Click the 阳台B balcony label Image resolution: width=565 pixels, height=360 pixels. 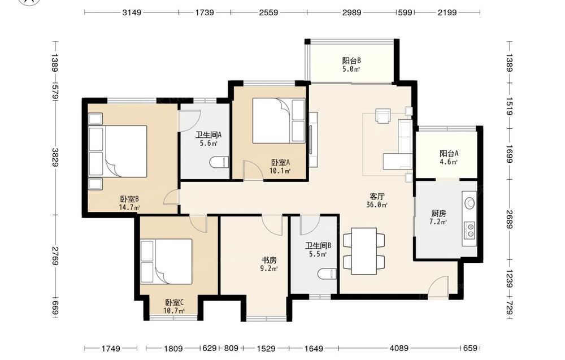click(351, 60)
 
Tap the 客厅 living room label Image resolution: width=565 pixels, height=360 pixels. click(377, 197)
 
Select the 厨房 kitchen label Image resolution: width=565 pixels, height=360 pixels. click(438, 213)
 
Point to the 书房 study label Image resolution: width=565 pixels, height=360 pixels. click(269, 260)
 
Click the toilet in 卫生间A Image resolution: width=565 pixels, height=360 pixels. click(219, 162)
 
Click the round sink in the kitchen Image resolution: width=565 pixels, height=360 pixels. click(470, 203)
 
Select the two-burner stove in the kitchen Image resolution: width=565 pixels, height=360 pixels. click(470, 230)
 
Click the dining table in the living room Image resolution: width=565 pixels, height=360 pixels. click(364, 251)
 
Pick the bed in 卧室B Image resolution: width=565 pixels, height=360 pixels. click(118, 151)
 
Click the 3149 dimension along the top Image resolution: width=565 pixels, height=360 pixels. click(132, 12)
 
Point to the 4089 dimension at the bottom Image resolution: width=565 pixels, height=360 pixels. click(399, 348)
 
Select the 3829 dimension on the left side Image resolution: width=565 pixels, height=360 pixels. click(55, 158)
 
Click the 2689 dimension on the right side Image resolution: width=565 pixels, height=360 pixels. click(509, 219)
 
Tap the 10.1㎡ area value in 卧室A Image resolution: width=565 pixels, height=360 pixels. click(280, 171)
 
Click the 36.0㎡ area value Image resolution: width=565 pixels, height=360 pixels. click(377, 205)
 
